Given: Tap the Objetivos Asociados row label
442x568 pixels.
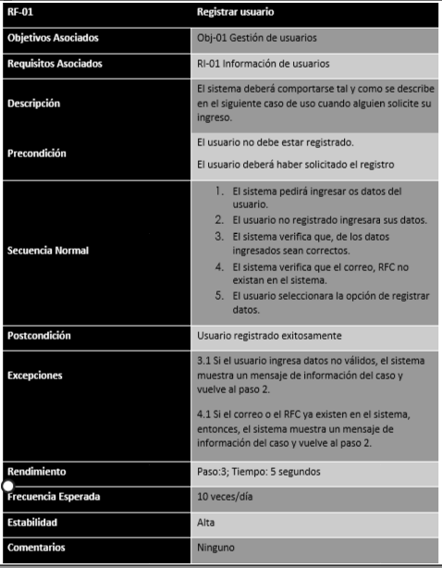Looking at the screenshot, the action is (x=54, y=38).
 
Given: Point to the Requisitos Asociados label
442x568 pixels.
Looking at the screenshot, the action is (x=55, y=64).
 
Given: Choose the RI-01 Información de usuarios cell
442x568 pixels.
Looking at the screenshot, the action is (x=264, y=64).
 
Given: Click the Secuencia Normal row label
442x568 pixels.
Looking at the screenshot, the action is (x=49, y=248).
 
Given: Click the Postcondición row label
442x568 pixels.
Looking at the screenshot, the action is (x=40, y=334).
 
